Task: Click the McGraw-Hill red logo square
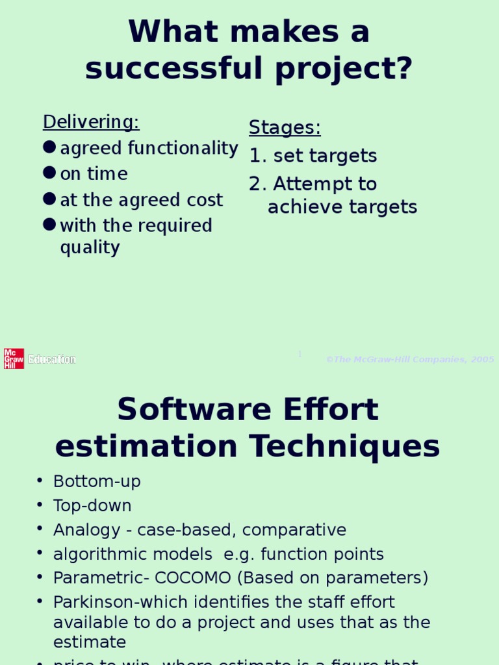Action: [x=14, y=358]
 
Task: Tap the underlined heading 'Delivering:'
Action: [x=91, y=122]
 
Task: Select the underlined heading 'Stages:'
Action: [x=285, y=128]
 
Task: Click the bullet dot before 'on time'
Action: [x=50, y=173]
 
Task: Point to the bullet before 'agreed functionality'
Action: [x=50, y=147]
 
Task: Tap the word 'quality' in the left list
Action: [x=90, y=247]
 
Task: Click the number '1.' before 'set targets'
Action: [x=257, y=156]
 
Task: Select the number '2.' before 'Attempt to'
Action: [x=257, y=184]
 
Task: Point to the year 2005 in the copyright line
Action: [x=483, y=360]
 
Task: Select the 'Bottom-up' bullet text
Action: [x=97, y=482]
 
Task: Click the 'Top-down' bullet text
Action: [x=92, y=506]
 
